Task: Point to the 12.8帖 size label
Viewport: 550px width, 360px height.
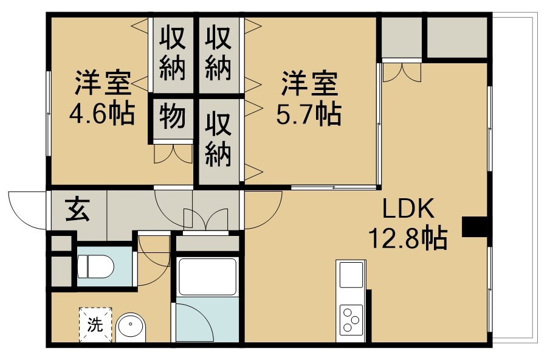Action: (407, 238)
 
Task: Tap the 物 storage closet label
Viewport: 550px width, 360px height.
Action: (172, 117)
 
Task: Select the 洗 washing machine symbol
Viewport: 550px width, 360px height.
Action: (95, 325)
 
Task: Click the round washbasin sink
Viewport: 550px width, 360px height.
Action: (131, 327)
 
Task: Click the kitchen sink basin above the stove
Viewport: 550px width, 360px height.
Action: (351, 275)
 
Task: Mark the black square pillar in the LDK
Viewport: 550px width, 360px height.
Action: (475, 227)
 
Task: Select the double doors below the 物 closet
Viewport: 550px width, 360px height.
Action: (173, 153)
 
